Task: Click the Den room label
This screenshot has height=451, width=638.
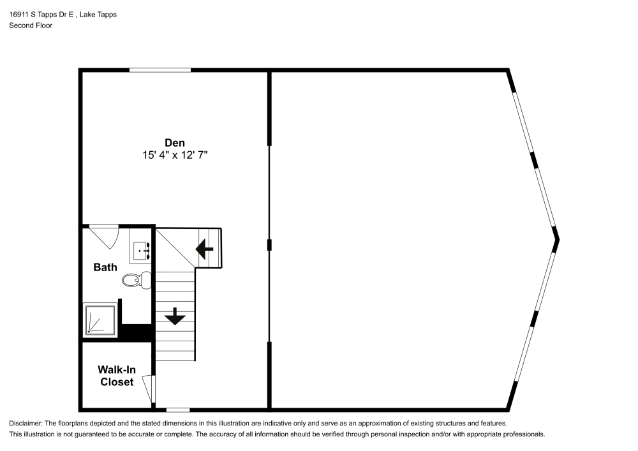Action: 174,143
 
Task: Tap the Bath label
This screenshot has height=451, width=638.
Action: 105,267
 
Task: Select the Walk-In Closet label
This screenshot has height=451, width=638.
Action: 115,376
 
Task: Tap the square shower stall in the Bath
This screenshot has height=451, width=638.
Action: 100,320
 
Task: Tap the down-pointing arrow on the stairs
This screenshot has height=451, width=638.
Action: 175,316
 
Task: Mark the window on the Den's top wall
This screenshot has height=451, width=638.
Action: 159,70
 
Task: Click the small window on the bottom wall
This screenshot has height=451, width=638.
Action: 178,410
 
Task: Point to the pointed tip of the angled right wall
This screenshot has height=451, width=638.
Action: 558,240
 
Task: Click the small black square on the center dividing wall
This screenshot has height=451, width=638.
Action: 270,244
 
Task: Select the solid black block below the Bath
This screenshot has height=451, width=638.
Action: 135,332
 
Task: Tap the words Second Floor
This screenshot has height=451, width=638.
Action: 31,26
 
